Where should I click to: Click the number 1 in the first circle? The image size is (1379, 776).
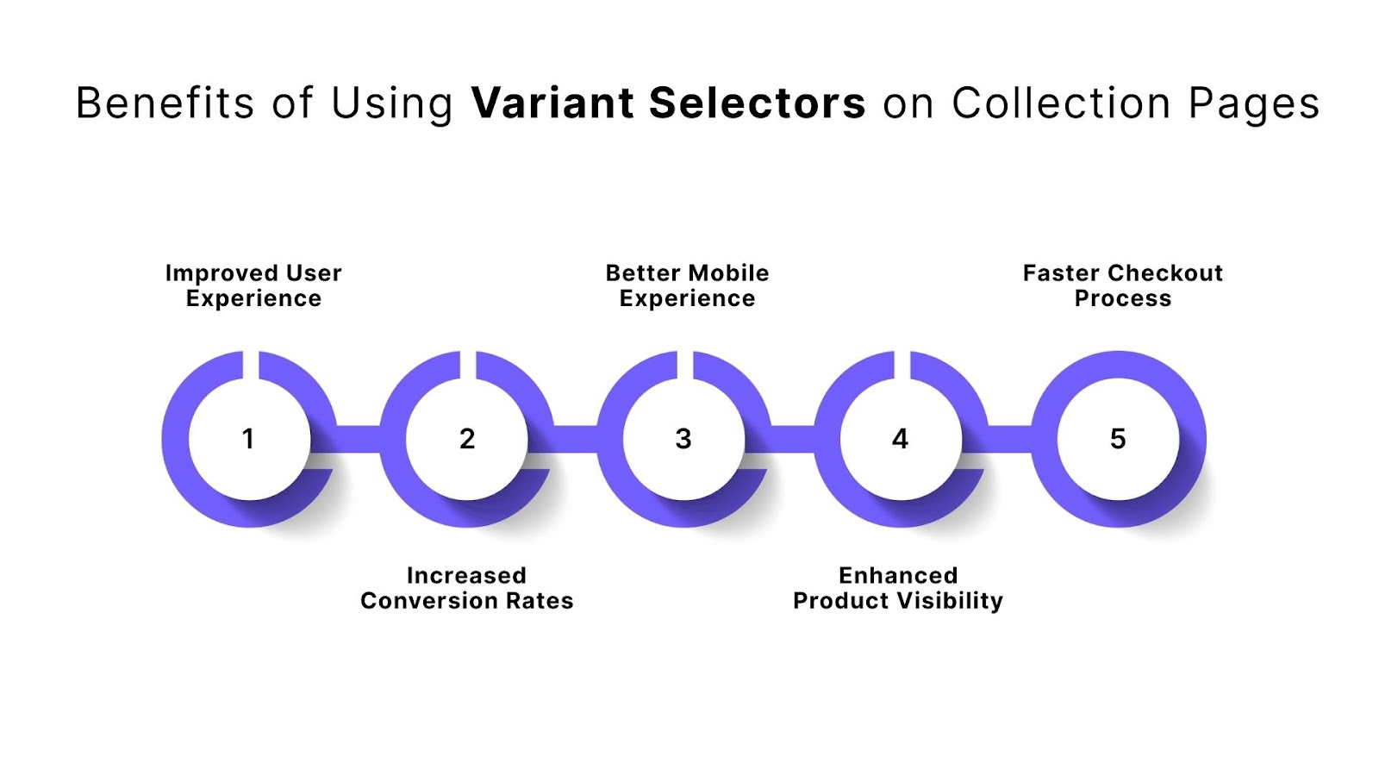click(x=248, y=439)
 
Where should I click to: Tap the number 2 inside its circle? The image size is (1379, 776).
click(x=467, y=439)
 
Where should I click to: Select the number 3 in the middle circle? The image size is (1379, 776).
click(x=683, y=439)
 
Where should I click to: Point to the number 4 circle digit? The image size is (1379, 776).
click(x=900, y=439)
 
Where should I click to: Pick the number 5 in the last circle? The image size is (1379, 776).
click(x=1118, y=439)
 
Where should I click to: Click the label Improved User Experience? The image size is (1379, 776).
click(x=253, y=285)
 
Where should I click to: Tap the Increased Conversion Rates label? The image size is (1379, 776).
click(x=466, y=588)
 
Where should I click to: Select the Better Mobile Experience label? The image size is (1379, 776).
click(x=687, y=285)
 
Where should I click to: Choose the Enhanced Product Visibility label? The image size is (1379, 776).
click(x=898, y=588)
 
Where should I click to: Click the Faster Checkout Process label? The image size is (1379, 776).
click(x=1122, y=285)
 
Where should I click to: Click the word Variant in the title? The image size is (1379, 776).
click(x=552, y=103)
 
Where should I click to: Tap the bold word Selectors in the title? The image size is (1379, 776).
click(x=757, y=103)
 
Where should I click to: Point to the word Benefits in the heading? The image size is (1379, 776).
click(x=165, y=103)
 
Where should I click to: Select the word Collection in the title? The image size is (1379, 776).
click(x=1061, y=103)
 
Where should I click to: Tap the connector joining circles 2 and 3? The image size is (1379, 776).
click(x=576, y=439)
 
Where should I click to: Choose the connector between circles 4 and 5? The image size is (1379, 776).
click(x=1010, y=439)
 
